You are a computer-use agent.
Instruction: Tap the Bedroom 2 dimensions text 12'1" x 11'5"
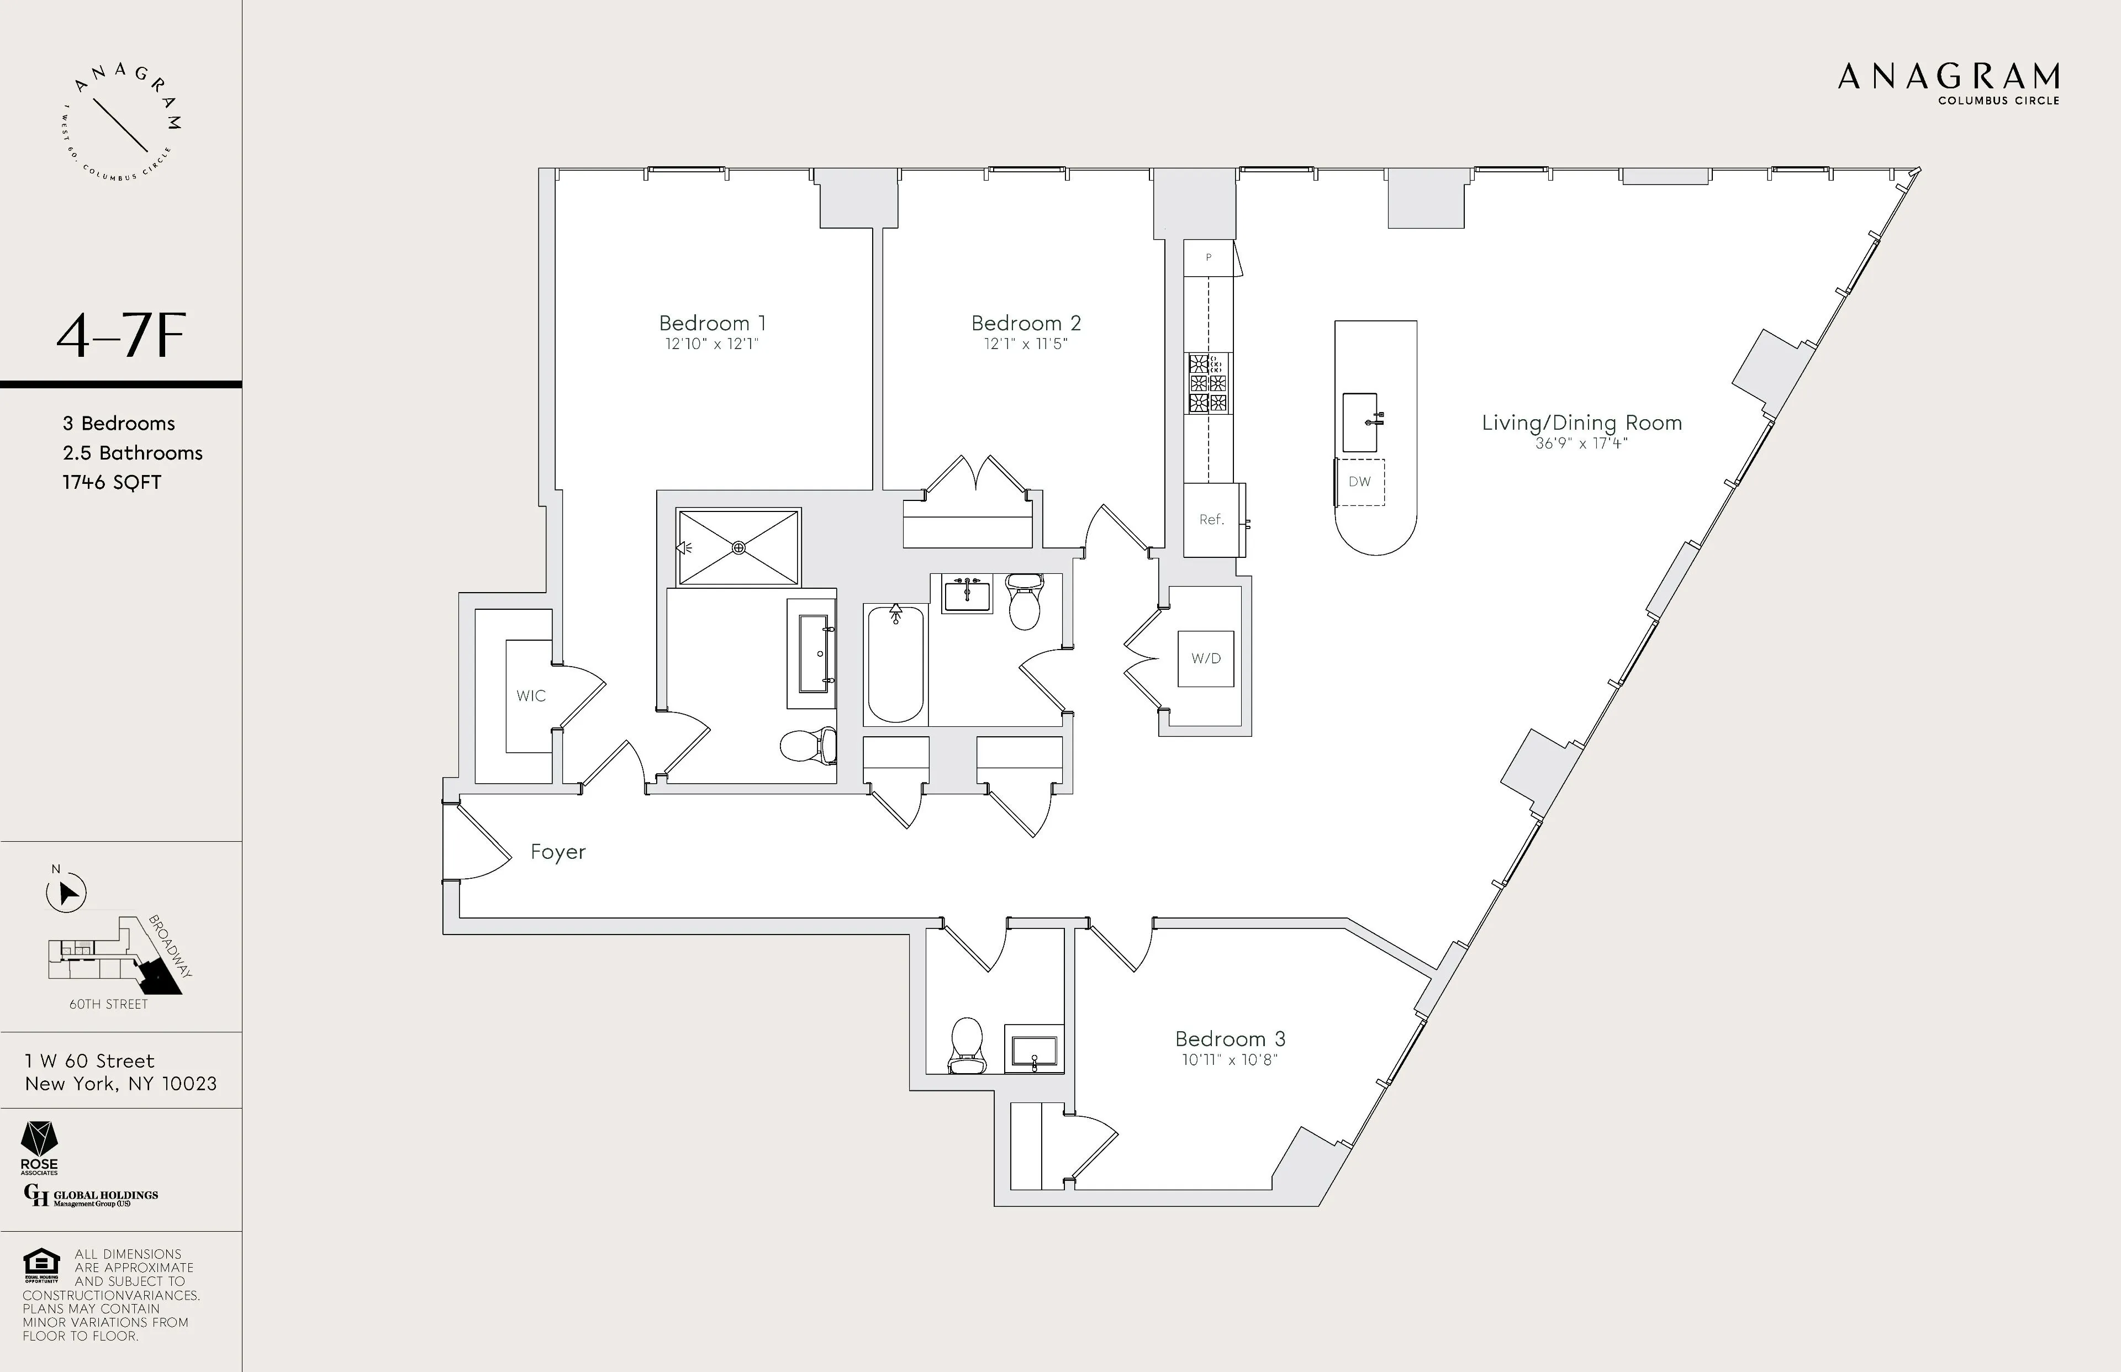(1025, 344)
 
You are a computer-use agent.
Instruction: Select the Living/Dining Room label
(1581, 423)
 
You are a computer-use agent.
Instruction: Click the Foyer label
(558, 852)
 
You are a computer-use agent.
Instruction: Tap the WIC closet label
(531, 696)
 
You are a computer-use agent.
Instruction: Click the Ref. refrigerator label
(1211, 519)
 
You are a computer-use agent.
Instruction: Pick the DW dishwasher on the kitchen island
(1359, 482)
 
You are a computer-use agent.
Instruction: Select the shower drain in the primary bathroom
(738, 548)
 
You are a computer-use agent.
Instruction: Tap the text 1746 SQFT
(112, 483)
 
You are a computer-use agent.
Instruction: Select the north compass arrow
(67, 893)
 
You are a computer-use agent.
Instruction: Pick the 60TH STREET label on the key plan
(109, 1004)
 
